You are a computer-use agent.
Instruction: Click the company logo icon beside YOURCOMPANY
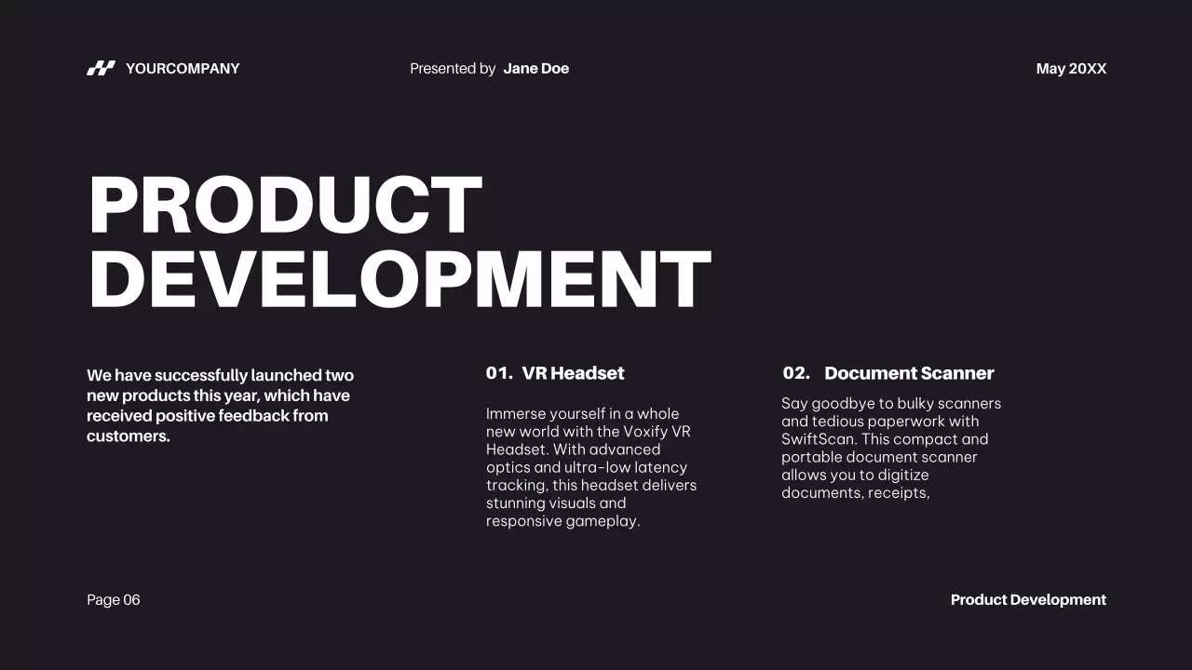(101, 68)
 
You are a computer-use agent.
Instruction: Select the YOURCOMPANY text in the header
(183, 69)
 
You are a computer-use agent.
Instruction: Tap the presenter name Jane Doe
(535, 69)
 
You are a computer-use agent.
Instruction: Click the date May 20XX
(1071, 69)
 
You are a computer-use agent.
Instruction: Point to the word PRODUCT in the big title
(285, 206)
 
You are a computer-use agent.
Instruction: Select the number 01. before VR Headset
(499, 373)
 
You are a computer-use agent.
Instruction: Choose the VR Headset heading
(573, 373)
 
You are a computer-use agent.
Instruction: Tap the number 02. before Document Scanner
(796, 373)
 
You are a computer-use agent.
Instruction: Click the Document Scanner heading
(909, 373)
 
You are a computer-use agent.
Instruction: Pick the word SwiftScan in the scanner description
(819, 439)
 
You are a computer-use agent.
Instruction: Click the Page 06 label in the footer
(114, 600)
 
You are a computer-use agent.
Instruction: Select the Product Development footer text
(1028, 600)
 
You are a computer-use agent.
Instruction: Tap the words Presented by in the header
(453, 69)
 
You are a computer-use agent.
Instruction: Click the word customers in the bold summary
(128, 436)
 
